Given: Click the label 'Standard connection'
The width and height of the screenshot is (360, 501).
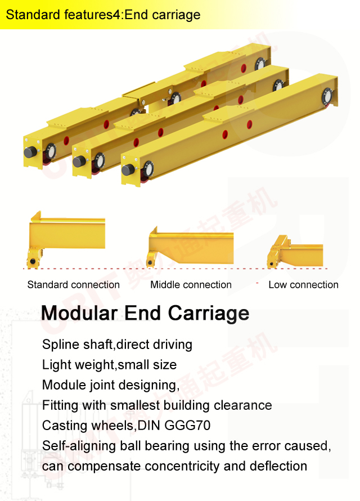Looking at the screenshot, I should coord(73,285).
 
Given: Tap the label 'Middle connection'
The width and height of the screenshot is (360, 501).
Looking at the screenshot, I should coord(191,285).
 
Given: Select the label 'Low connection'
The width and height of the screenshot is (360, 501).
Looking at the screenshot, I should coord(303,285).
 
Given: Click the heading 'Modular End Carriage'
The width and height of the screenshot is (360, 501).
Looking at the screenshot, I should coord(145,313).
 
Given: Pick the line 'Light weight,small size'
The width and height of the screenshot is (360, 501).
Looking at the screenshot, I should coord(109,365).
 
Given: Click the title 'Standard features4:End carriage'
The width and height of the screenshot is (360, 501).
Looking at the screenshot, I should coord(103,15).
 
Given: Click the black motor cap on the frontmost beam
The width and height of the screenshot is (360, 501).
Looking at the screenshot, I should coord(128,170).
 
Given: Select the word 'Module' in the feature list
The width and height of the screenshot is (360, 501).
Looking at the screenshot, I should coord(63,385).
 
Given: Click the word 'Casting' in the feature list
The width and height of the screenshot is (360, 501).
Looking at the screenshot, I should coord(63,426).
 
